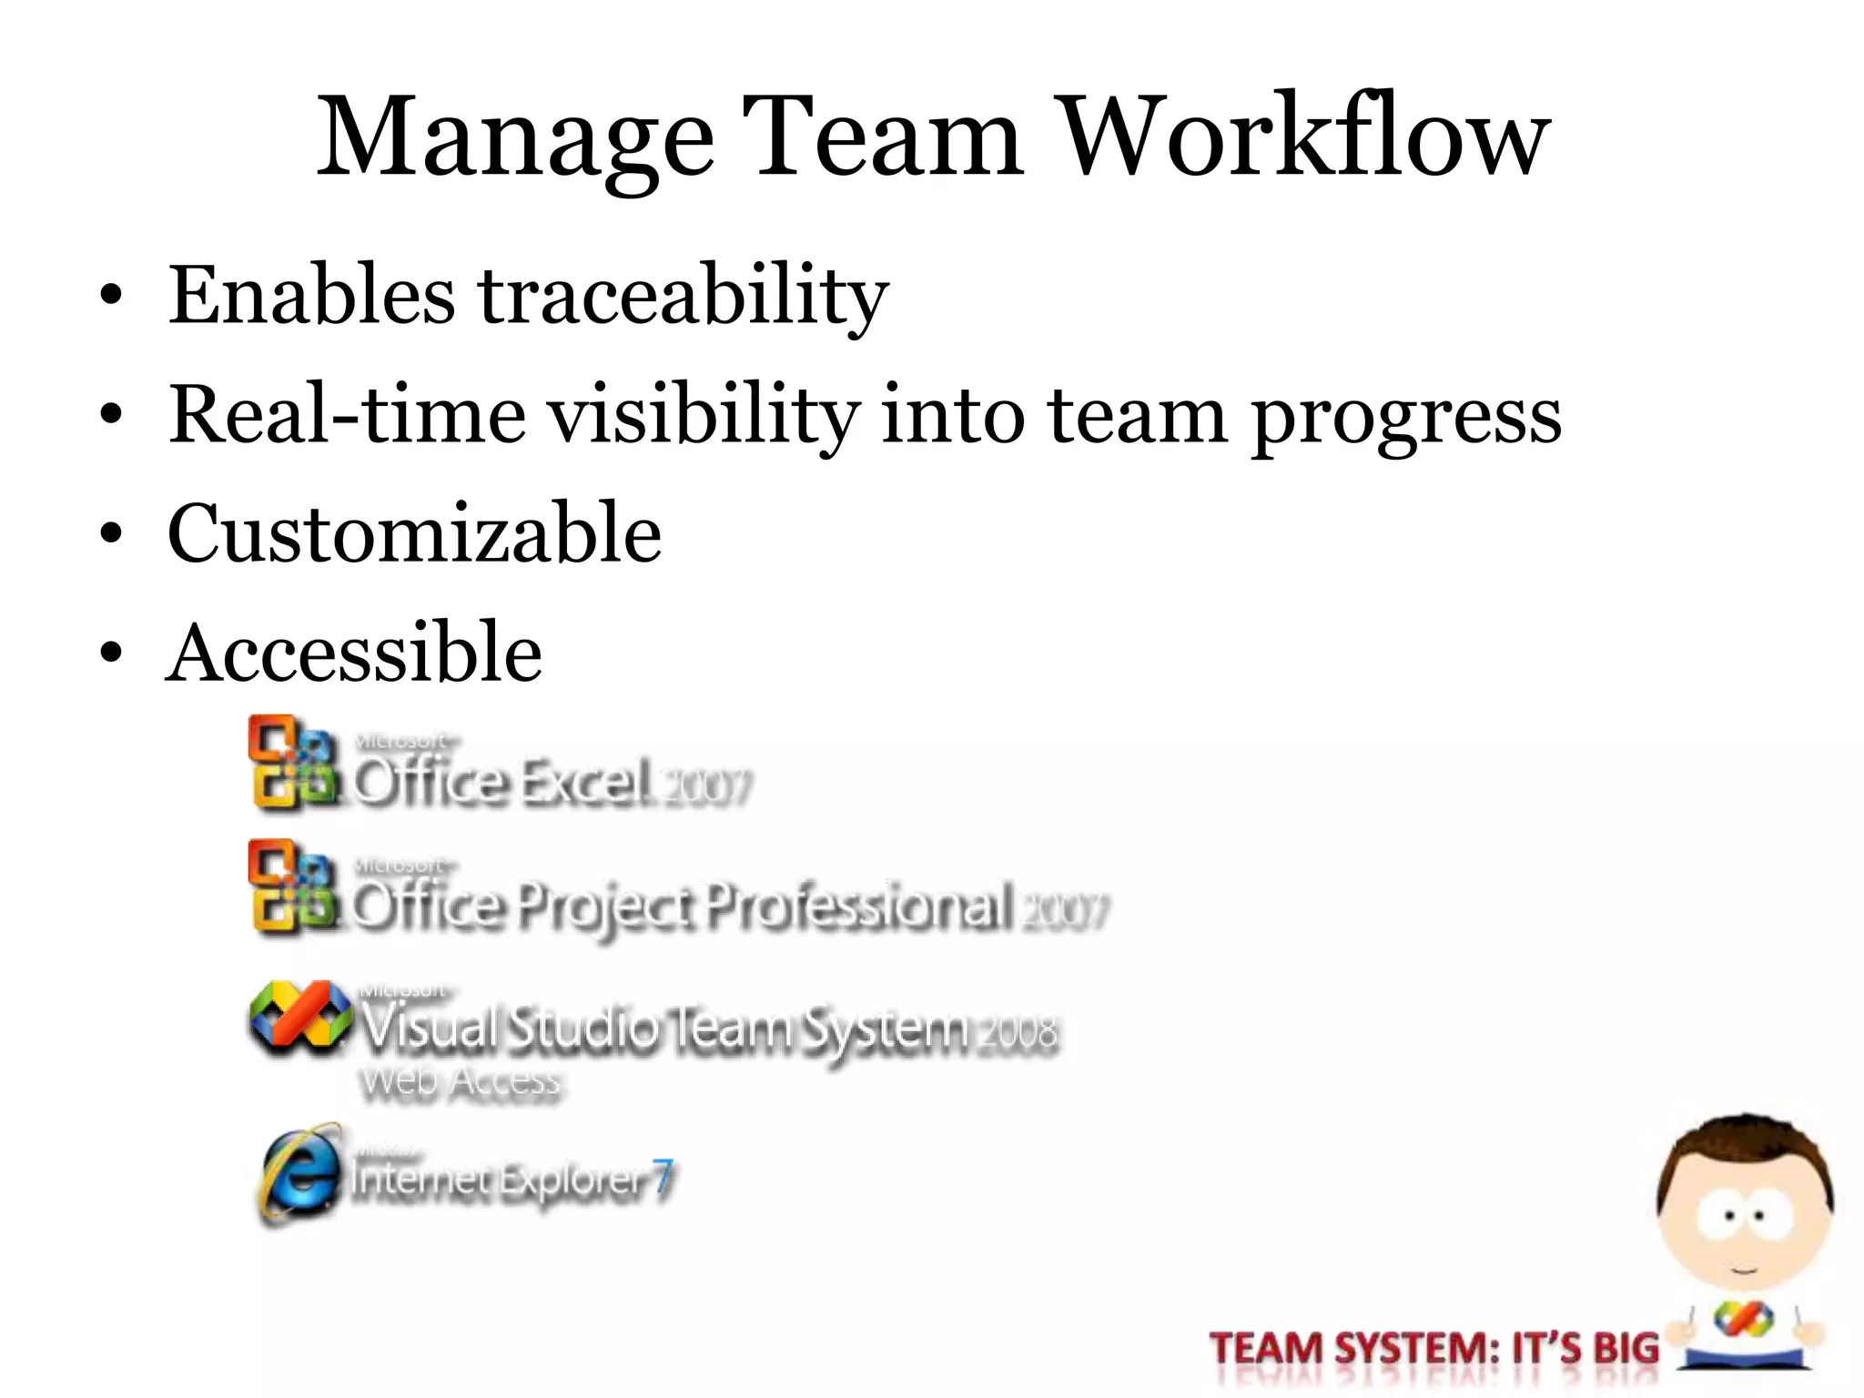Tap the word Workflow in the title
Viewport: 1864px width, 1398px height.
pyautogui.click(x=1305, y=137)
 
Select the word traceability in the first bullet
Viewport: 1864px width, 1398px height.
pyautogui.click(x=683, y=296)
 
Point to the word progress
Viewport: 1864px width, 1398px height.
pyautogui.click(x=1406, y=419)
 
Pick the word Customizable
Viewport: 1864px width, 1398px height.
pyautogui.click(x=414, y=534)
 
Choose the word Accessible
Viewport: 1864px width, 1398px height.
pyautogui.click(x=355, y=653)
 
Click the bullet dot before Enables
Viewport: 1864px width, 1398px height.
pyautogui.click(x=111, y=296)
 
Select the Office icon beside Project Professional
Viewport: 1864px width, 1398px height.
pyautogui.click(x=291, y=887)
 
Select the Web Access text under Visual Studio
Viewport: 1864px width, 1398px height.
pyautogui.click(x=461, y=1083)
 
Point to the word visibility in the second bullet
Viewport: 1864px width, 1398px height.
pyautogui.click(x=705, y=414)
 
